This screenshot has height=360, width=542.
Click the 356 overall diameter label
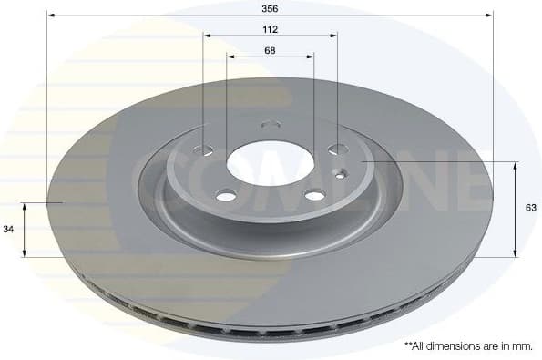[x=270, y=7]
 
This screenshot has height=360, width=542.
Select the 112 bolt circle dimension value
[x=270, y=29]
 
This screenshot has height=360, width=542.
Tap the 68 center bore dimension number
[x=270, y=50]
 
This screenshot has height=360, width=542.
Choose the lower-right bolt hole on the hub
[x=313, y=194]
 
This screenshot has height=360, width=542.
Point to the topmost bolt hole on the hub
[x=270, y=125]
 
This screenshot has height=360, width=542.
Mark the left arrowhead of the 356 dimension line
[x=51, y=15]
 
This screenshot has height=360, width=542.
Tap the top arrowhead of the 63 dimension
[x=516, y=165]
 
